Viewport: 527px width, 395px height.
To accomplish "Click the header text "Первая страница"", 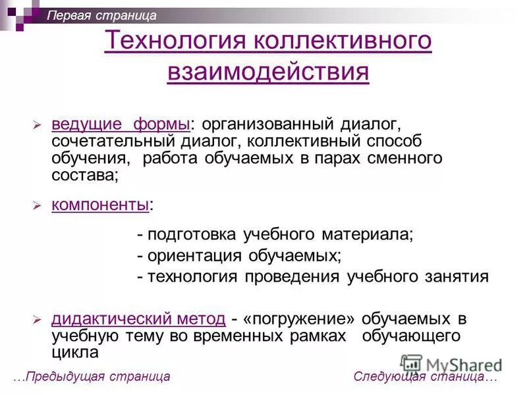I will tap(101, 15).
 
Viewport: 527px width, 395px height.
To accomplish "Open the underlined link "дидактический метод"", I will tap(138, 319).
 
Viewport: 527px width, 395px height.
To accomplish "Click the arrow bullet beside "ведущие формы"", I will tap(38, 125).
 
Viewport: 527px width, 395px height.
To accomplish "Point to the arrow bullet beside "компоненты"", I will tap(38, 206).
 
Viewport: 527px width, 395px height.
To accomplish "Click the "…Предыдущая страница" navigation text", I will tap(92, 377).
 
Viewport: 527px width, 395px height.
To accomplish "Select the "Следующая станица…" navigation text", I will tap(426, 377).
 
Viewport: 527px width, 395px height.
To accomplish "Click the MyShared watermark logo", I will tap(451, 364).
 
